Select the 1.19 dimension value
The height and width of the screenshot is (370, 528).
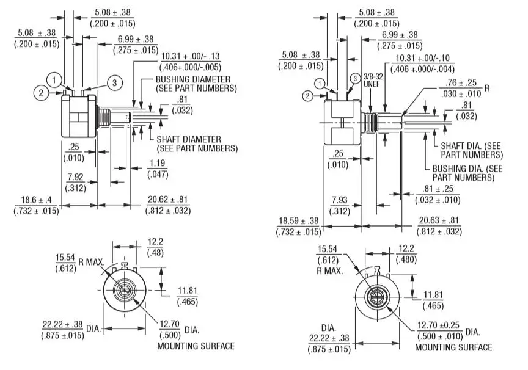156,164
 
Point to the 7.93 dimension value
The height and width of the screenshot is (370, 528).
339,200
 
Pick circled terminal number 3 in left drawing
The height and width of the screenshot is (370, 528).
113,82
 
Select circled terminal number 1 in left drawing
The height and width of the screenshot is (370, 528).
55,79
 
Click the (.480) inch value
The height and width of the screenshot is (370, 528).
407,259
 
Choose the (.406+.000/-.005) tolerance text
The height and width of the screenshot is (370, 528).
190,67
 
